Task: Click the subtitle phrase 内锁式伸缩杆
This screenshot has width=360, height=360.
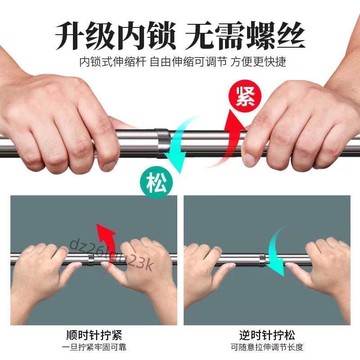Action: click(100, 61)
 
